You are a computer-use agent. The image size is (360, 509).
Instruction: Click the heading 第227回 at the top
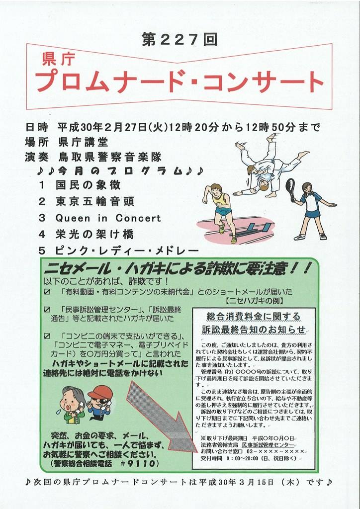click(180, 39)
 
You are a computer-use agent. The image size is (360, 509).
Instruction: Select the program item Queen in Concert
click(108, 218)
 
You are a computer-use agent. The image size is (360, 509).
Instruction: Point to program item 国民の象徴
click(88, 185)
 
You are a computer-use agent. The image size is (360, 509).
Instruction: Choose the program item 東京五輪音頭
click(95, 201)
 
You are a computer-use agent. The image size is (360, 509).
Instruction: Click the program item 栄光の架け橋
click(94, 234)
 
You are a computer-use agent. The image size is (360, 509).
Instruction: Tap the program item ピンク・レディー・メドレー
click(127, 251)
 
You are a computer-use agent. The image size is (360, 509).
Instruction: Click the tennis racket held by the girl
click(290, 189)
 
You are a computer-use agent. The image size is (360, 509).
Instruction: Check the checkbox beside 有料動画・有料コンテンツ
click(47, 292)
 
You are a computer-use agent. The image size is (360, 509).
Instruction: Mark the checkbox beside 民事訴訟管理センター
click(47, 309)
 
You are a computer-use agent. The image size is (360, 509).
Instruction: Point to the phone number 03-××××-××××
click(277, 451)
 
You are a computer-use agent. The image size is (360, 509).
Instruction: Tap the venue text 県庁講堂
click(84, 142)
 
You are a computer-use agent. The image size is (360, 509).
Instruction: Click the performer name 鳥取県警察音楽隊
click(110, 157)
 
